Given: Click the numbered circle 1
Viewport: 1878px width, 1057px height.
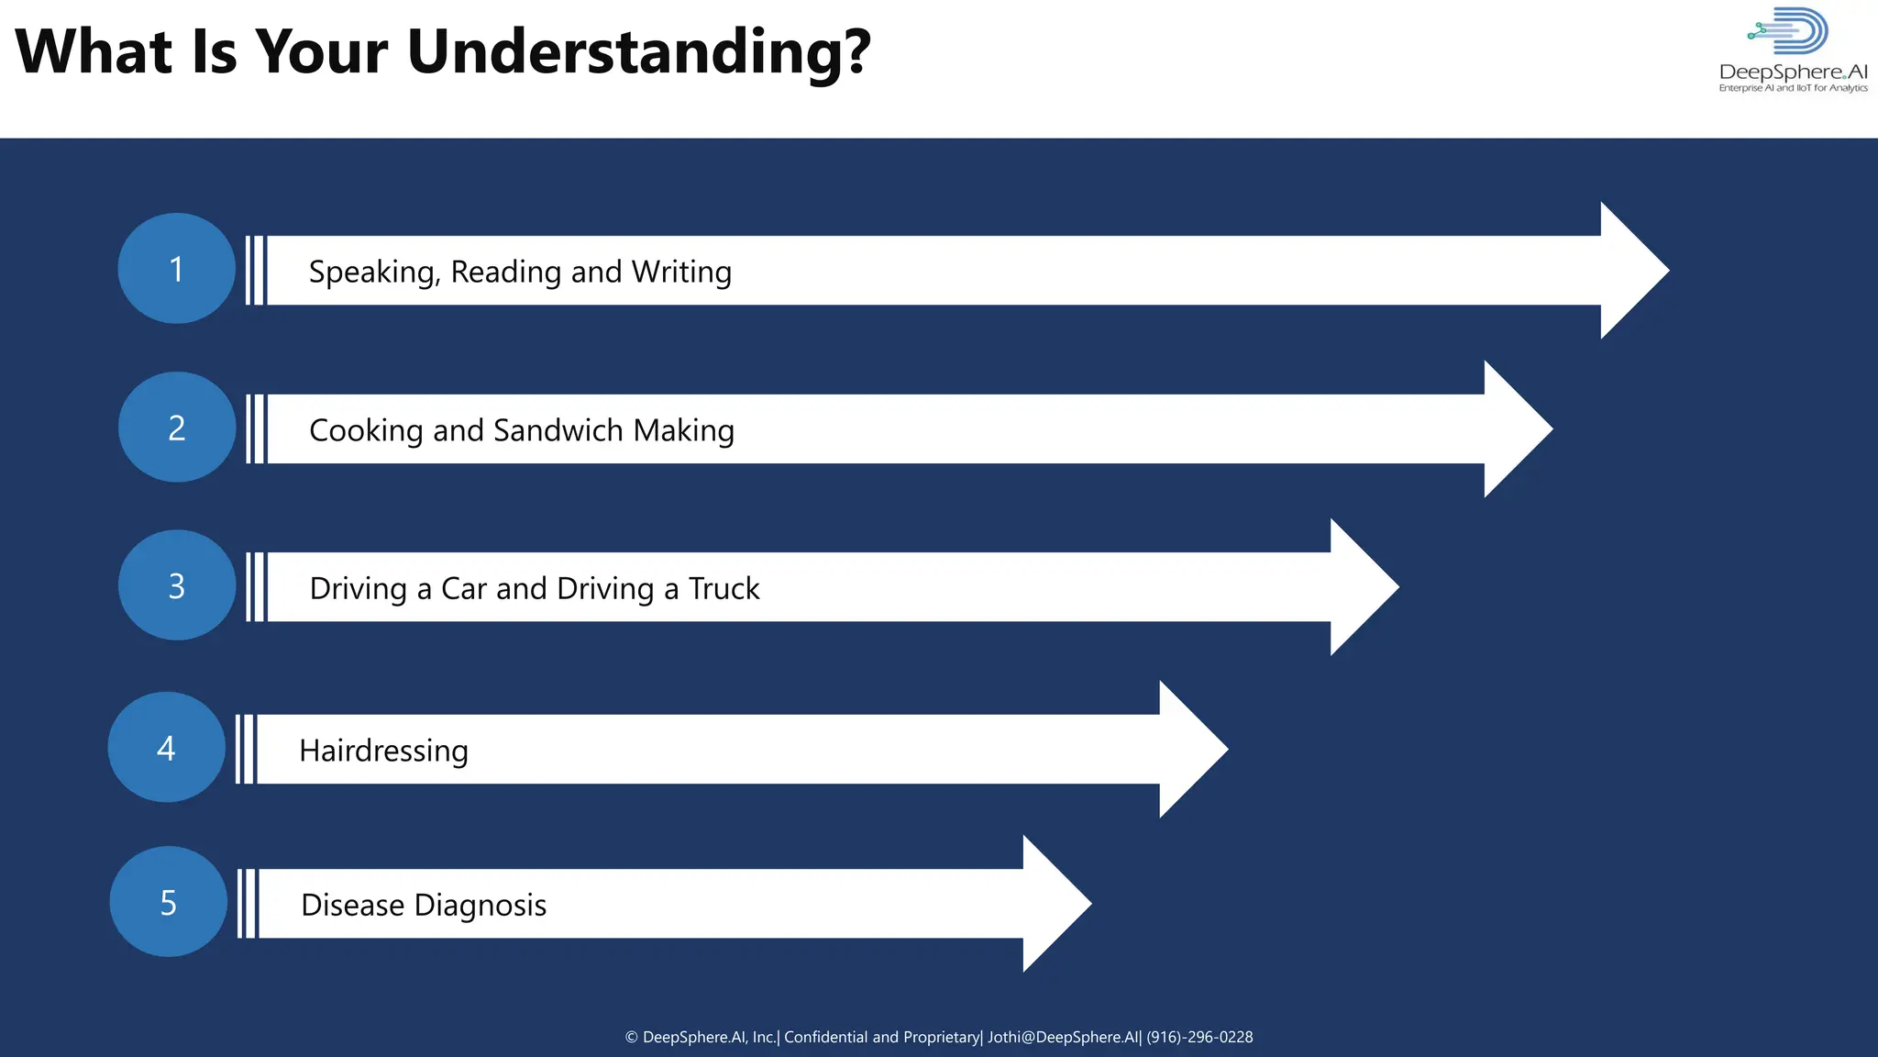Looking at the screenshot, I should tap(176, 269).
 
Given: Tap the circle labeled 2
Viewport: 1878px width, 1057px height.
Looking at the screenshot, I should tap(176, 428).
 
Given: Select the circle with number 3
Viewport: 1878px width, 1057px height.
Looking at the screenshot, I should tap(176, 585).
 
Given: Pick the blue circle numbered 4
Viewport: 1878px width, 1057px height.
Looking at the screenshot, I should tap(166, 748).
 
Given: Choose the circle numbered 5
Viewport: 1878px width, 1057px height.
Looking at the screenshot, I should tap(168, 902).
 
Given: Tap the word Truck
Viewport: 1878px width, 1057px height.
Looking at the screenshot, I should tap(724, 589).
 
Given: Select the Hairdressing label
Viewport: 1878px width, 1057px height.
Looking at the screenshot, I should tap(383, 751).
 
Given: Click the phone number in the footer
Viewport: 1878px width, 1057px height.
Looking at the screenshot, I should tap(1199, 1037).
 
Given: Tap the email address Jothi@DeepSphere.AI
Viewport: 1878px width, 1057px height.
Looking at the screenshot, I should tap(1063, 1037).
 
